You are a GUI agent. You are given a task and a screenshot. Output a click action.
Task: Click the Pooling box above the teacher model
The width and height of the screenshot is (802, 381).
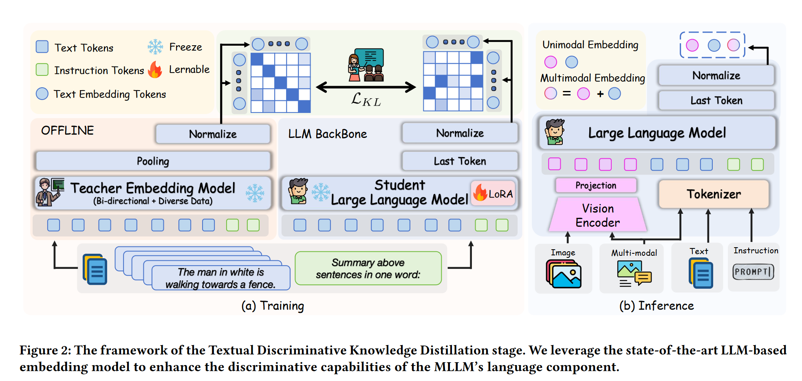153,161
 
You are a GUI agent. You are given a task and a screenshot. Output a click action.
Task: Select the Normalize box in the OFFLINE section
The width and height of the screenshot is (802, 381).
213,134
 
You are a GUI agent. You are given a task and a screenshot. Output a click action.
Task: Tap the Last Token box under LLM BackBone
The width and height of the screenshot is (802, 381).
460,161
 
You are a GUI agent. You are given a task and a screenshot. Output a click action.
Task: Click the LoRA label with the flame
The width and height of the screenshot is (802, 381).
494,193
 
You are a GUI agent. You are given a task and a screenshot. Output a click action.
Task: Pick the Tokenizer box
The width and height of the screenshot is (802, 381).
714,194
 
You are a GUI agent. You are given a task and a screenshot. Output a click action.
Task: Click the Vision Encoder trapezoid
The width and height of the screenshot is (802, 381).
597,215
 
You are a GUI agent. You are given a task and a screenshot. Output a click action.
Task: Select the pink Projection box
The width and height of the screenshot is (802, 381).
596,186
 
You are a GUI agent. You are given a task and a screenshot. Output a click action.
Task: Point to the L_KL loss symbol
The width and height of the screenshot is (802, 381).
366,99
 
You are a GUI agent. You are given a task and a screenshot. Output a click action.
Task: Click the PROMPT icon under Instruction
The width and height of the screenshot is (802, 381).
753,272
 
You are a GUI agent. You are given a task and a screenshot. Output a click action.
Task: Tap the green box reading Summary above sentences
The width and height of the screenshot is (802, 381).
368,268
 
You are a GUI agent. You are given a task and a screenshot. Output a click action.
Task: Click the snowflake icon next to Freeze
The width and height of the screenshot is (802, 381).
155,47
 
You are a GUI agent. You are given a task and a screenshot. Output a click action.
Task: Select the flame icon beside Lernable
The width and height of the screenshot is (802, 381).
155,70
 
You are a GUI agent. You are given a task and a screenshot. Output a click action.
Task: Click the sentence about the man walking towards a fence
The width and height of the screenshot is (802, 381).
220,278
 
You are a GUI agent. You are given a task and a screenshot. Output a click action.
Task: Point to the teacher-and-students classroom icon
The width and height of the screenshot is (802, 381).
366,65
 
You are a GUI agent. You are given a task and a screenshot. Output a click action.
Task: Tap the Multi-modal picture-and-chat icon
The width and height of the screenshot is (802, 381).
634,274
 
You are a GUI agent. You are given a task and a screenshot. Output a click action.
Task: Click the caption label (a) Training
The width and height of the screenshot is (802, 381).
273,306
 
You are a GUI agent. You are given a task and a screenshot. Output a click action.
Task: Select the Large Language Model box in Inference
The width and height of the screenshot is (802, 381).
657,133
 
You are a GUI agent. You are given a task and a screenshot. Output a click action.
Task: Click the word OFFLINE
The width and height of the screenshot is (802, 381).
67,131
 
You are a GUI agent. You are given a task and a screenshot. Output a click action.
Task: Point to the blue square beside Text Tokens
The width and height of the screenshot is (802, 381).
42,47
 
